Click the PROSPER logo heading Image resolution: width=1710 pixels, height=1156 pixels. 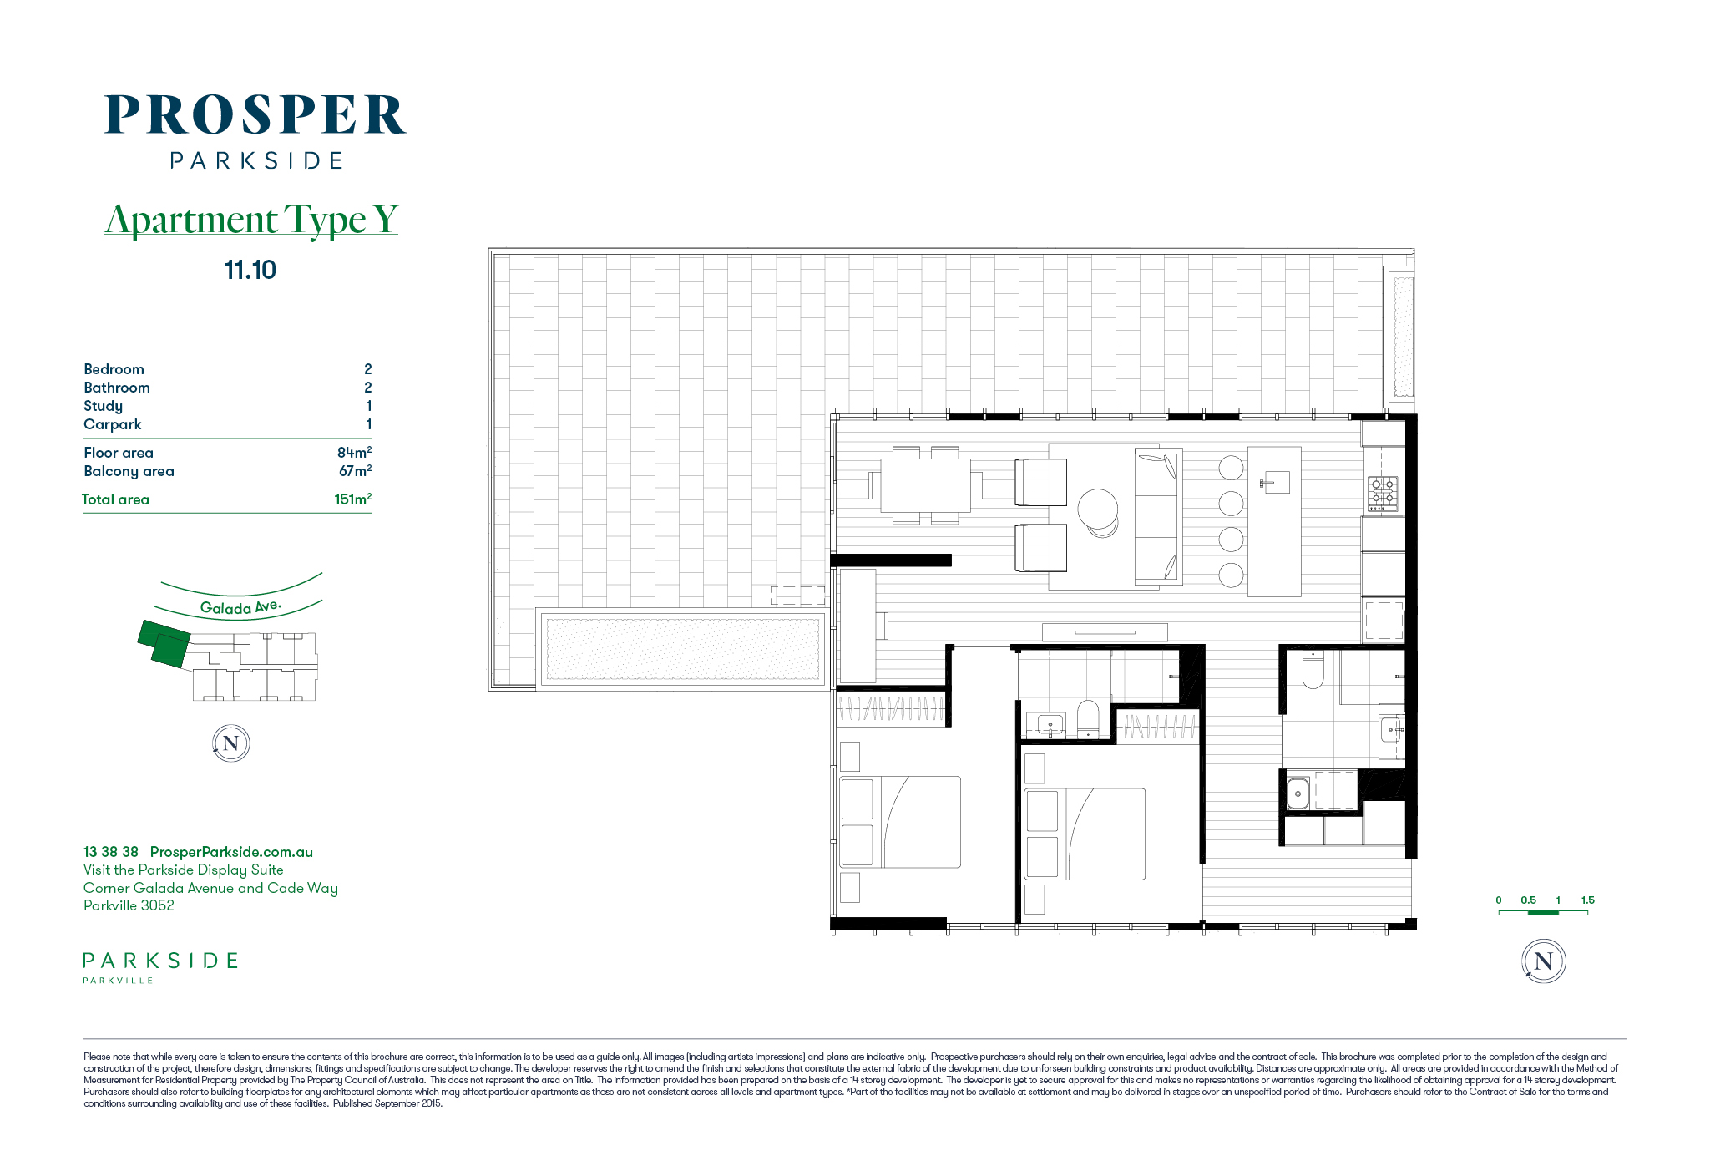click(x=255, y=114)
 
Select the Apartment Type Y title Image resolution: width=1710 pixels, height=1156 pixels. click(x=251, y=220)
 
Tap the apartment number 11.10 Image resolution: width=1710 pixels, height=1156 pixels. click(x=250, y=270)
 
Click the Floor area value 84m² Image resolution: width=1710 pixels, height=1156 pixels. click(x=354, y=452)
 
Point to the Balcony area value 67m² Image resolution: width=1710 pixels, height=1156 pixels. click(x=355, y=470)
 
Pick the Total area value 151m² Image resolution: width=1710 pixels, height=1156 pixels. click(x=352, y=499)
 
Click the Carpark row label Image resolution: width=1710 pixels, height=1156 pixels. click(x=112, y=424)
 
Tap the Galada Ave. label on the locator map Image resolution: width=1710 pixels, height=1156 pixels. click(x=240, y=607)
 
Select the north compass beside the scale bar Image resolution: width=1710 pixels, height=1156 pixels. click(x=1543, y=961)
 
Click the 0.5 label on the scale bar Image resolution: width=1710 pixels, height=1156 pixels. click(x=1528, y=900)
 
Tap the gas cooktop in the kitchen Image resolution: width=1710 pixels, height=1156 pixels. click(x=1382, y=493)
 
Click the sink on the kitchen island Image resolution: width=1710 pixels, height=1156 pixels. click(x=1276, y=482)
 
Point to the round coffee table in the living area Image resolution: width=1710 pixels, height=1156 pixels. click(x=1098, y=510)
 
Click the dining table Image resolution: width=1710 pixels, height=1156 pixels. click(x=925, y=485)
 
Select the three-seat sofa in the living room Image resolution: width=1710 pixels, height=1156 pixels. click(x=1157, y=515)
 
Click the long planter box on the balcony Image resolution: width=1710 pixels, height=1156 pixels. click(x=682, y=648)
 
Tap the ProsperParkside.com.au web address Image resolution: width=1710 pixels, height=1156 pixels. click(x=231, y=852)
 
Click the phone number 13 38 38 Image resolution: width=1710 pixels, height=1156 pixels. click(x=111, y=852)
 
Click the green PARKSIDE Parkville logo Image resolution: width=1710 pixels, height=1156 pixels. click(x=160, y=967)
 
